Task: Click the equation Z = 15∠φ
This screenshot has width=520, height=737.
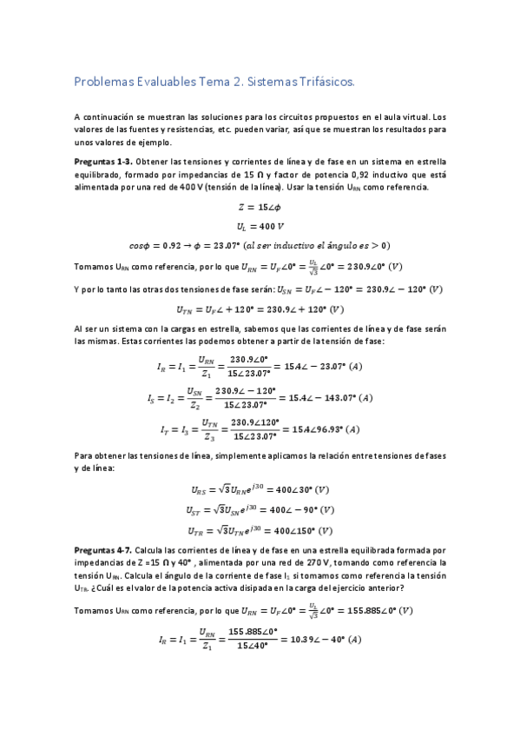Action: point(259,207)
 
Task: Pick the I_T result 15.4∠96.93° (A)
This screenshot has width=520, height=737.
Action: point(328,429)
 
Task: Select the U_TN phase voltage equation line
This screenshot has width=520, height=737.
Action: point(259,309)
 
